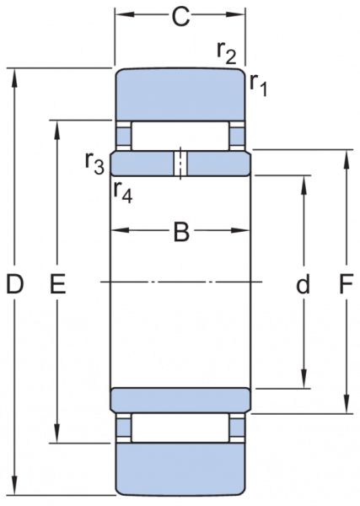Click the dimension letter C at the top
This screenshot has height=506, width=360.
pos(180,17)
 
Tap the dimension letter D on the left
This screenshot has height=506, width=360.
pos(15,284)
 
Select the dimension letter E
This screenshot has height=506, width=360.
pos(58,284)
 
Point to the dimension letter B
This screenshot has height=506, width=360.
pos(181,231)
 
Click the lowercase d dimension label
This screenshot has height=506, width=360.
pos(303,283)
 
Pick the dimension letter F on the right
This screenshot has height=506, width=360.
pos(346,284)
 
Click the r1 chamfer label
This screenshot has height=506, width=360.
pos(258,85)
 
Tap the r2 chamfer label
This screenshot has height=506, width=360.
pos(227,53)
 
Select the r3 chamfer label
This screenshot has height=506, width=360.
pos(94,163)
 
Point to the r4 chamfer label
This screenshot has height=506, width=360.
pos(123,192)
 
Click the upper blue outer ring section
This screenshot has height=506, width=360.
pos(180,94)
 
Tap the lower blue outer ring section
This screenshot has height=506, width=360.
pos(180,469)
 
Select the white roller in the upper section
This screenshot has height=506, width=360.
pos(180,136)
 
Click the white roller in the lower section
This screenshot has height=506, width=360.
pos(180,428)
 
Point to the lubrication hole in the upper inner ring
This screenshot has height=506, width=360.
pos(180,164)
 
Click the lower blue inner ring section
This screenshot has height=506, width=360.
pos(180,400)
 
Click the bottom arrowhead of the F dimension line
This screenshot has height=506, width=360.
pos(347,403)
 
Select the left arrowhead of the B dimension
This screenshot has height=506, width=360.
pos(121,230)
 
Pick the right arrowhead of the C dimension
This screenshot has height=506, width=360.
pos(235,14)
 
